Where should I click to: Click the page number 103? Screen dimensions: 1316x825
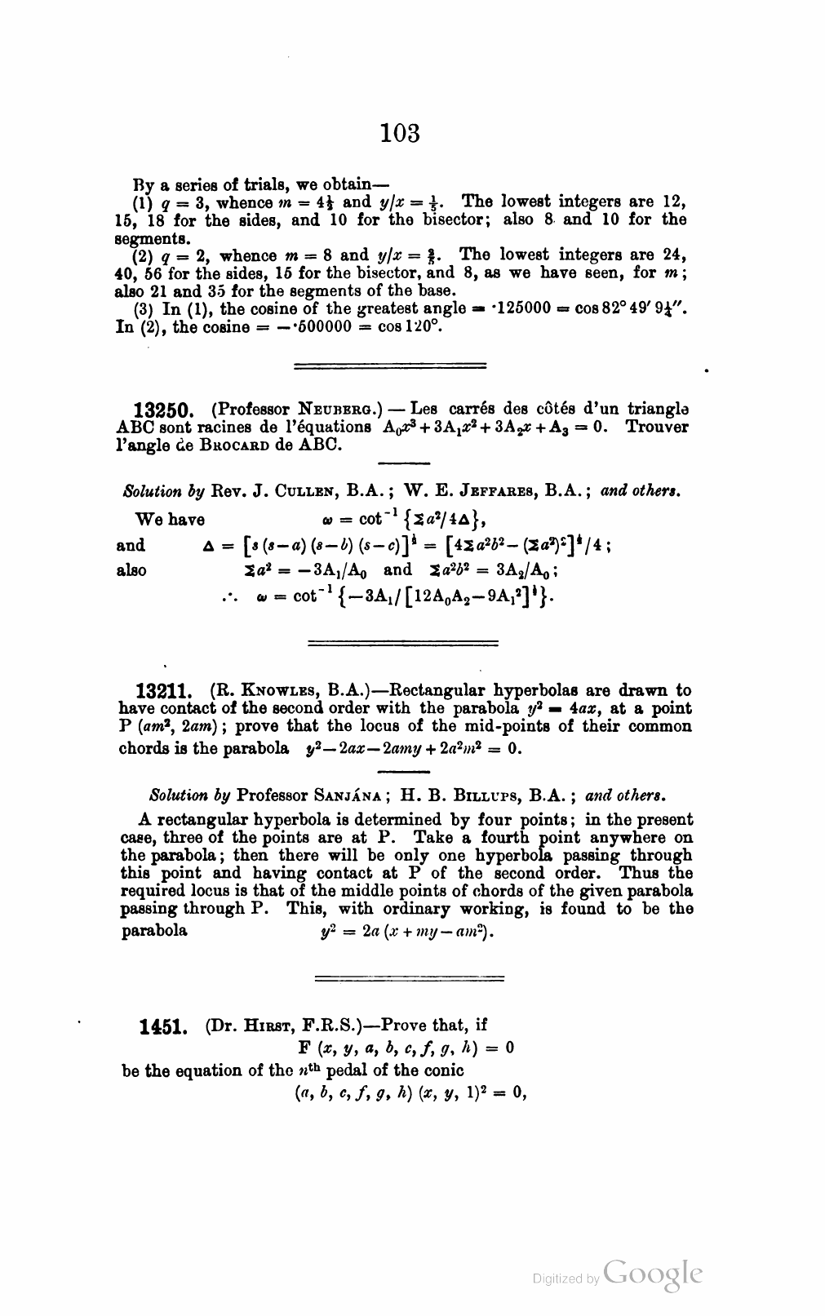tap(400, 132)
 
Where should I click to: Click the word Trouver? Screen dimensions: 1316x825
tap(657, 427)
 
